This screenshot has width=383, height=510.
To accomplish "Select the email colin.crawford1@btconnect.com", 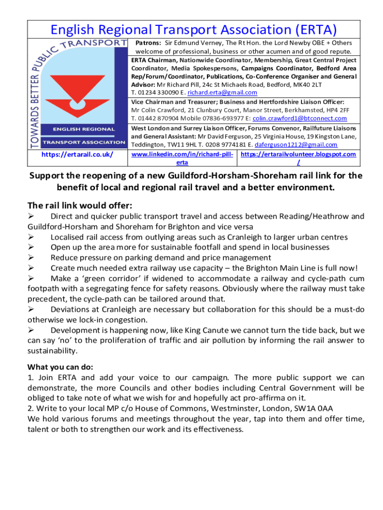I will click(299, 118).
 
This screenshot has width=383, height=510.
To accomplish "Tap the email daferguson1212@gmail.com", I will click(296, 144).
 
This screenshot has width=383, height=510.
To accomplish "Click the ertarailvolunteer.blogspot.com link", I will click(298, 154).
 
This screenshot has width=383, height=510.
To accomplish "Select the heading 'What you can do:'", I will click(60, 367).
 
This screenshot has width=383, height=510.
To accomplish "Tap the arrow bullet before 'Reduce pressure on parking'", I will click(31, 257).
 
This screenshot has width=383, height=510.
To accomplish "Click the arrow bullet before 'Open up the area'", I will click(31, 247).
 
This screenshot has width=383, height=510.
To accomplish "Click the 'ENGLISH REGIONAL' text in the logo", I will click(77, 130).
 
